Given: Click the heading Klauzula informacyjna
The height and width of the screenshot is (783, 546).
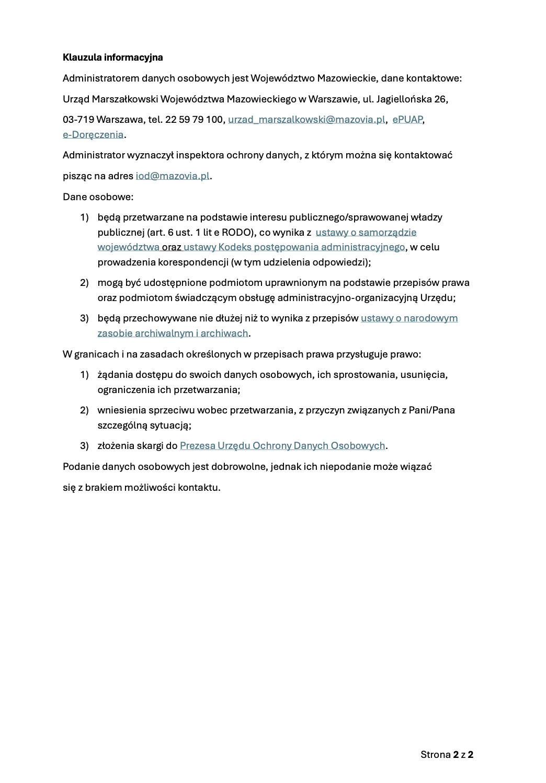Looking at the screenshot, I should click(x=112, y=57).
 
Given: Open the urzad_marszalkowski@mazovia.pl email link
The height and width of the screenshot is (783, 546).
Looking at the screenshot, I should click(x=306, y=120).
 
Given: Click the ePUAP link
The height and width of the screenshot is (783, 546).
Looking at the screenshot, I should click(x=407, y=120).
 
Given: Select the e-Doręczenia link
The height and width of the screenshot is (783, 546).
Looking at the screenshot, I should click(x=93, y=135).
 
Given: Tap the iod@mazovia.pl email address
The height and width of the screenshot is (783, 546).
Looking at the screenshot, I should click(x=173, y=176).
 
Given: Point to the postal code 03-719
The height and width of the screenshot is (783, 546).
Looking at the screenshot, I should click(x=78, y=120).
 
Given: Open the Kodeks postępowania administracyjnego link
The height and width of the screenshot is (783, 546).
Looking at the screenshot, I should click(x=294, y=247).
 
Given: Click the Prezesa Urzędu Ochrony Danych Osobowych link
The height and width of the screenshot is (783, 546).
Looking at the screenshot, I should click(x=282, y=446).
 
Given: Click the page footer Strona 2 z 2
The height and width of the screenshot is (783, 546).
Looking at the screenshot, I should click(x=447, y=754).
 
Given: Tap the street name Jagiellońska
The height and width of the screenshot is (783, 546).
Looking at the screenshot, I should click(x=404, y=99).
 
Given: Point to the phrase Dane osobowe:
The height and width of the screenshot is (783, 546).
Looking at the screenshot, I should click(x=98, y=197).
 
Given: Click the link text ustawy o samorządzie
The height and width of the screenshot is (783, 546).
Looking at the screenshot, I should click(x=366, y=232).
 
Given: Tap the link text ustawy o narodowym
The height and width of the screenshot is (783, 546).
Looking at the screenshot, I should click(x=409, y=318).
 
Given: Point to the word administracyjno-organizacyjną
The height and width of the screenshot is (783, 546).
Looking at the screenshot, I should click(x=347, y=298).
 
